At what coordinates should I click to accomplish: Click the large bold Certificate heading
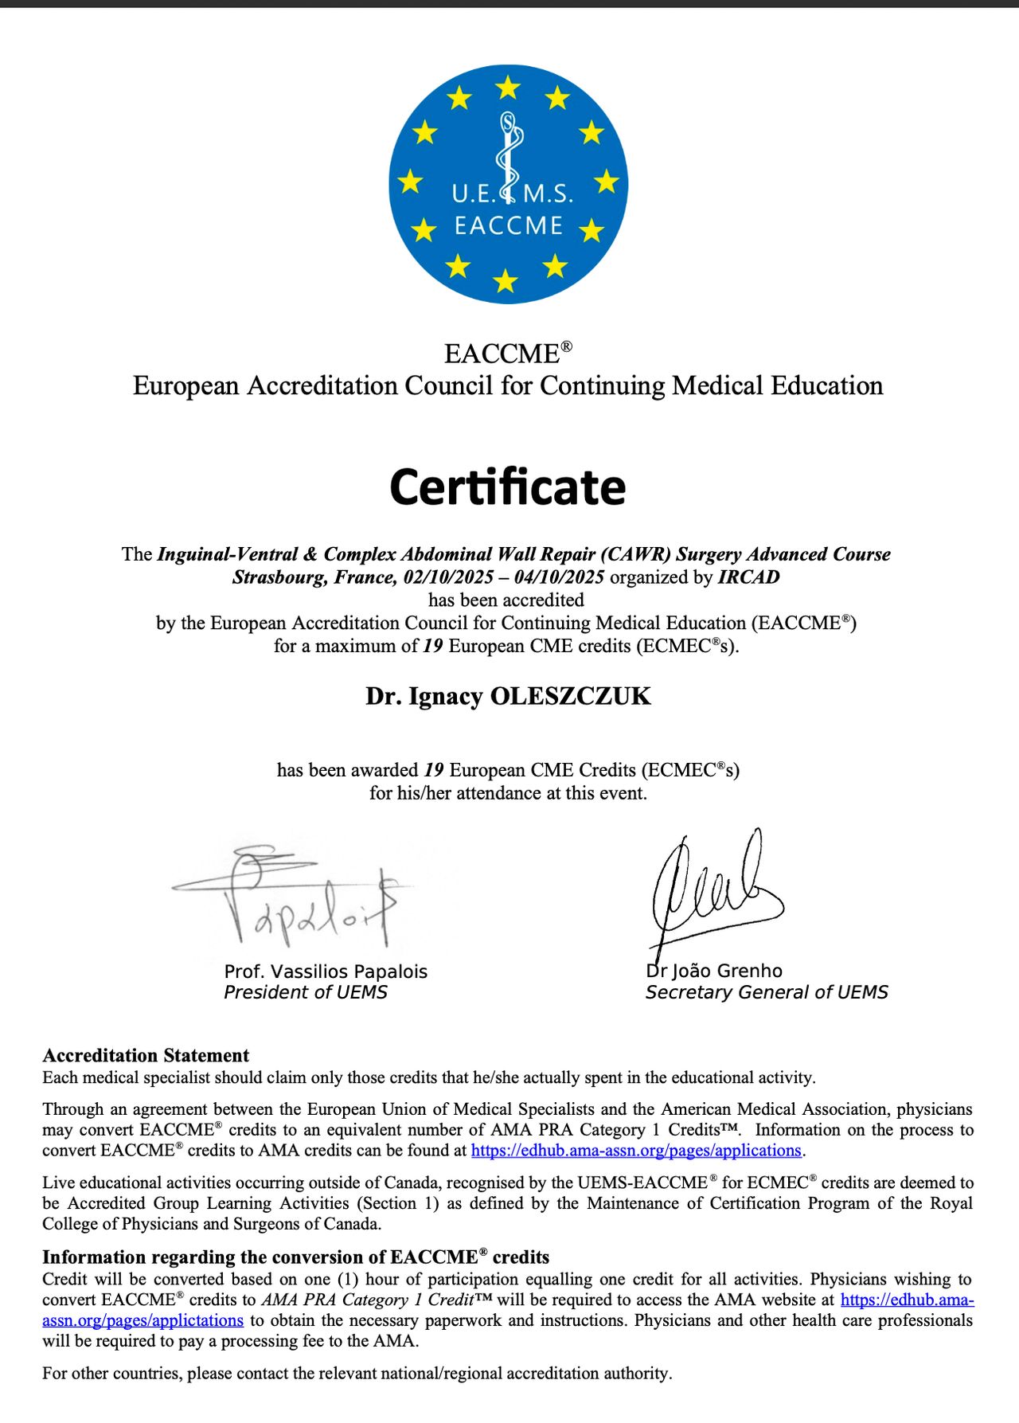pyautogui.click(x=508, y=487)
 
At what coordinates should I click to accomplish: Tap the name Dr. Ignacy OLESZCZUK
pyautogui.click(x=508, y=696)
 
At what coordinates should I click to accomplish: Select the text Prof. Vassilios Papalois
pyautogui.click(x=326, y=971)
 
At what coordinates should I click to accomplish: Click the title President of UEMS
pyautogui.click(x=306, y=992)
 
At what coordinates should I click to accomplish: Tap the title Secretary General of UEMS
pyautogui.click(x=767, y=992)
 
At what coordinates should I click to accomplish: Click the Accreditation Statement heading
pyautogui.click(x=146, y=1055)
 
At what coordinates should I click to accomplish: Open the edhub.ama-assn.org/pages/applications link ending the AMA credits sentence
pyautogui.click(x=636, y=1150)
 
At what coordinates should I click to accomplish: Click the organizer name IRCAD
pyautogui.click(x=748, y=577)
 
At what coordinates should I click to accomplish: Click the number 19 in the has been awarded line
pyautogui.click(x=434, y=770)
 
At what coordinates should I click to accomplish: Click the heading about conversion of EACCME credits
pyautogui.click(x=295, y=1257)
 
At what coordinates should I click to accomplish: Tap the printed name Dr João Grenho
pyautogui.click(x=714, y=971)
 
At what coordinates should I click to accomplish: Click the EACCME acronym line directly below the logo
pyautogui.click(x=508, y=353)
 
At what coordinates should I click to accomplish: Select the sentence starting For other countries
pyautogui.click(x=357, y=1373)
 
